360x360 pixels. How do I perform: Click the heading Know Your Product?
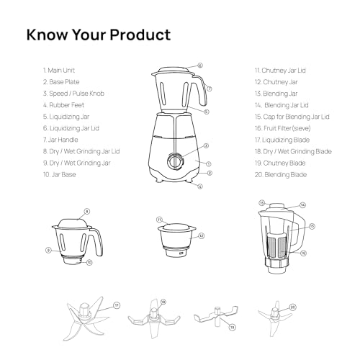click(x=98, y=35)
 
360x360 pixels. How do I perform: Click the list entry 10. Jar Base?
click(x=60, y=175)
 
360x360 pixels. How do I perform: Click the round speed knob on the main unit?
click(x=176, y=160)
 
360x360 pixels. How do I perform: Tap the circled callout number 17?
click(x=117, y=306)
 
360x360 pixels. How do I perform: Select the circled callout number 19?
click(x=231, y=327)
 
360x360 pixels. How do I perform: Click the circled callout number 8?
click(x=87, y=211)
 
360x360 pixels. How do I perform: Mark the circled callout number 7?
click(x=210, y=89)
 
